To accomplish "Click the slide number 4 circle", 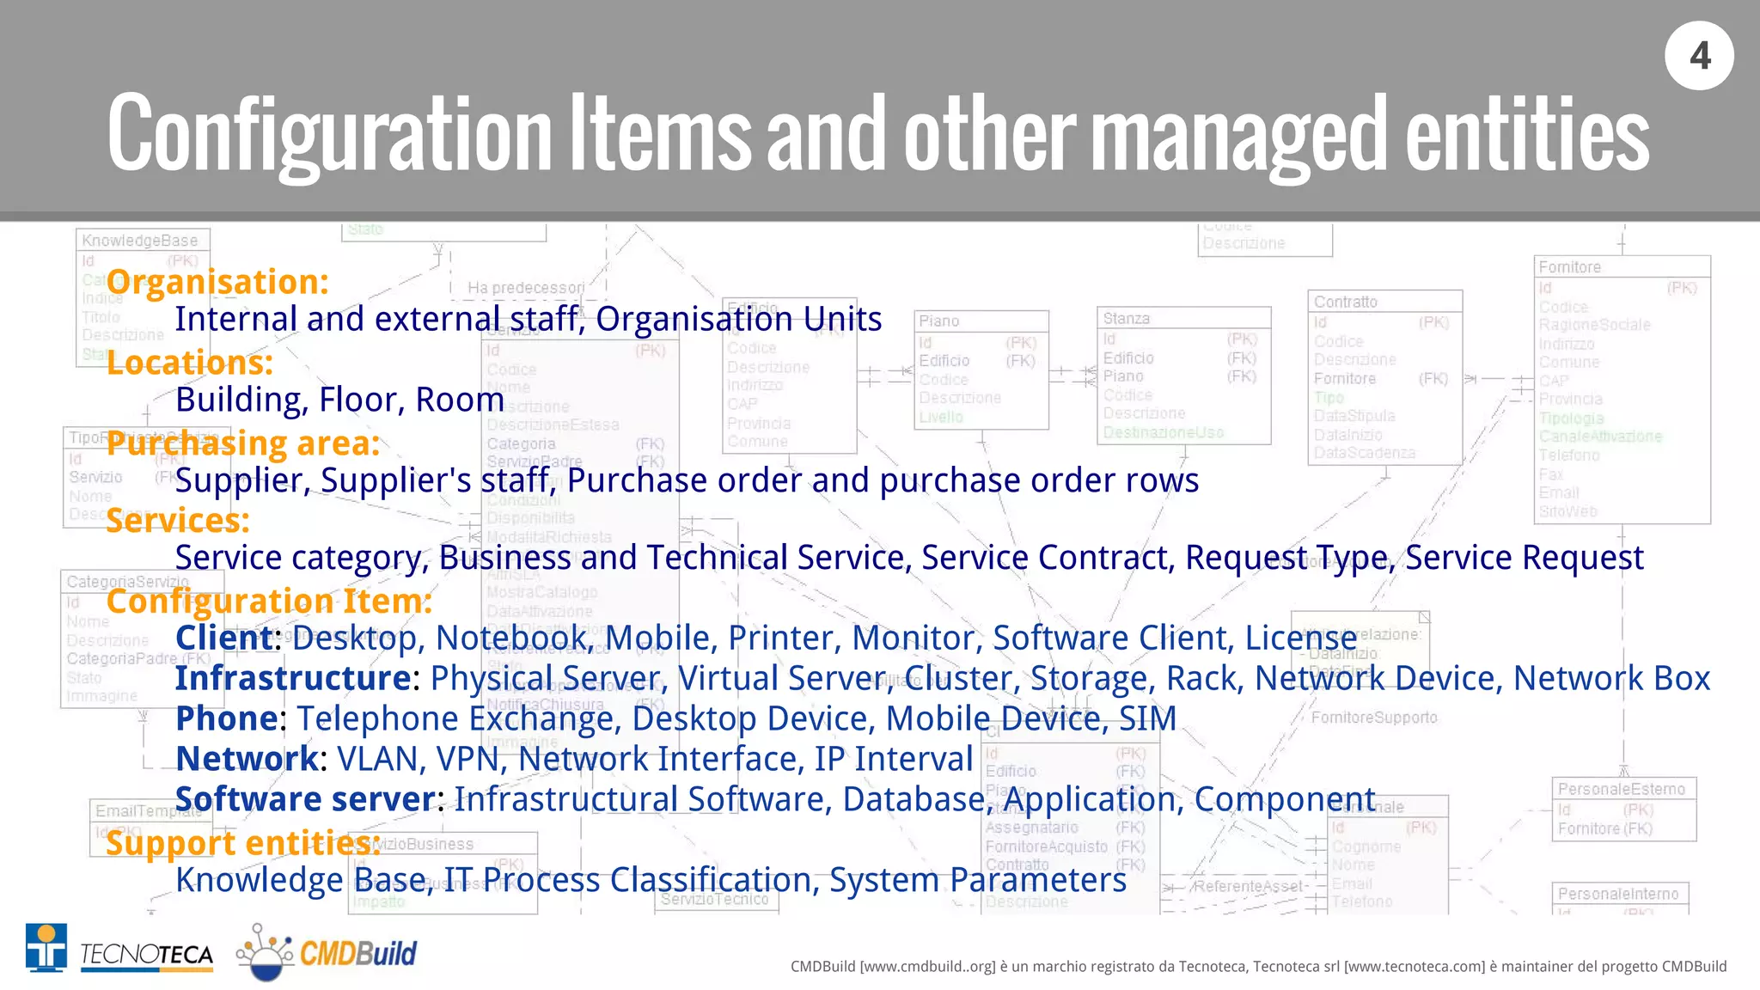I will (1699, 56).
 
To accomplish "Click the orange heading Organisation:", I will (217, 282).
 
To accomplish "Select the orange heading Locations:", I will (190, 363).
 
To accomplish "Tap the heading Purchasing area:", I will (243, 443).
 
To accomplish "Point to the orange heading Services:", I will (178, 521).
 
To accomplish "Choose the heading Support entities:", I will (243, 843).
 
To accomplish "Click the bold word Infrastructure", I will (293, 678).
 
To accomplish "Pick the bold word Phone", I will (227, 718).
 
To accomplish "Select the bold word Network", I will (247, 759).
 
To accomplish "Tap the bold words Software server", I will (306, 799).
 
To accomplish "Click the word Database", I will (913, 799).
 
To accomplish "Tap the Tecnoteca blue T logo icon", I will (46, 948).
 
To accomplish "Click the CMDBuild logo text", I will (357, 953).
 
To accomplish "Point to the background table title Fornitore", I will (1569, 267).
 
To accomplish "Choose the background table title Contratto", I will (1345, 302).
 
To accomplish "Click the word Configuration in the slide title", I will (330, 133).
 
